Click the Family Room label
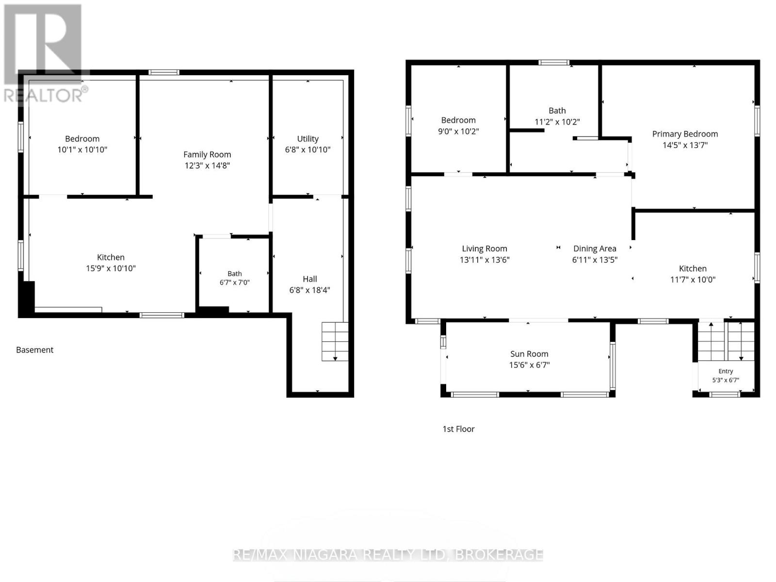tap(207, 154)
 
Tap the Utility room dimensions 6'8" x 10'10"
tap(307, 149)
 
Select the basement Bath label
tap(235, 274)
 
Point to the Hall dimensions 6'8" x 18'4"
tap(310, 290)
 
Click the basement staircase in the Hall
tap(335, 341)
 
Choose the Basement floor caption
tap(34, 350)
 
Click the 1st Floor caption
tap(458, 429)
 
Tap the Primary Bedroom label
tap(685, 134)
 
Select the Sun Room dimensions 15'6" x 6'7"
tap(529, 365)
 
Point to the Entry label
tap(726, 371)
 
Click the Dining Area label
tap(595, 249)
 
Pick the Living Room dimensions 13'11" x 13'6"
tap(485, 260)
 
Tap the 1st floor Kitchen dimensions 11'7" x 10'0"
tap(693, 279)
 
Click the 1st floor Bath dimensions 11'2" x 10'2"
tap(557, 122)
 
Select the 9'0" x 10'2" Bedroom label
tap(458, 120)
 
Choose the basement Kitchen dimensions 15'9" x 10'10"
tap(111, 268)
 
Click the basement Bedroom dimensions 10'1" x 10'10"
tap(82, 149)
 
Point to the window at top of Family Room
tap(163, 72)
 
